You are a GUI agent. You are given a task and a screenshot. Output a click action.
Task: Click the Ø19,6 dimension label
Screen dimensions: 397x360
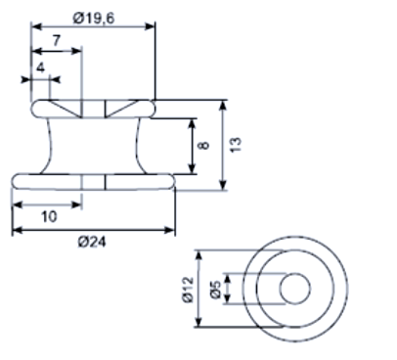[x=94, y=19]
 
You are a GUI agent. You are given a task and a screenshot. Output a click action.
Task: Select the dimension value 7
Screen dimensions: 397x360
[x=57, y=41]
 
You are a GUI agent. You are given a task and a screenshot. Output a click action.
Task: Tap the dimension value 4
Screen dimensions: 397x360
[x=40, y=67]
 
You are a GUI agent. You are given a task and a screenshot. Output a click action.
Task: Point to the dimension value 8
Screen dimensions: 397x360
[x=203, y=145]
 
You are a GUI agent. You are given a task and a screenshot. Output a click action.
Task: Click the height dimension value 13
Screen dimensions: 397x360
[x=236, y=145]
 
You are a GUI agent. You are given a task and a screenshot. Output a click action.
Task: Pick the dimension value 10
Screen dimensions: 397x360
[x=49, y=216]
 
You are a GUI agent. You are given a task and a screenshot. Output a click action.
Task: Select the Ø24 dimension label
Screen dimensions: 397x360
[x=92, y=243]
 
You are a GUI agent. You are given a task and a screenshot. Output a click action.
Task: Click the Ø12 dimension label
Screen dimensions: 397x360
[x=188, y=290]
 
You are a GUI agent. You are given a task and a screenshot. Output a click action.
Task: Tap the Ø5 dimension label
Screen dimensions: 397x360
[x=215, y=290]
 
